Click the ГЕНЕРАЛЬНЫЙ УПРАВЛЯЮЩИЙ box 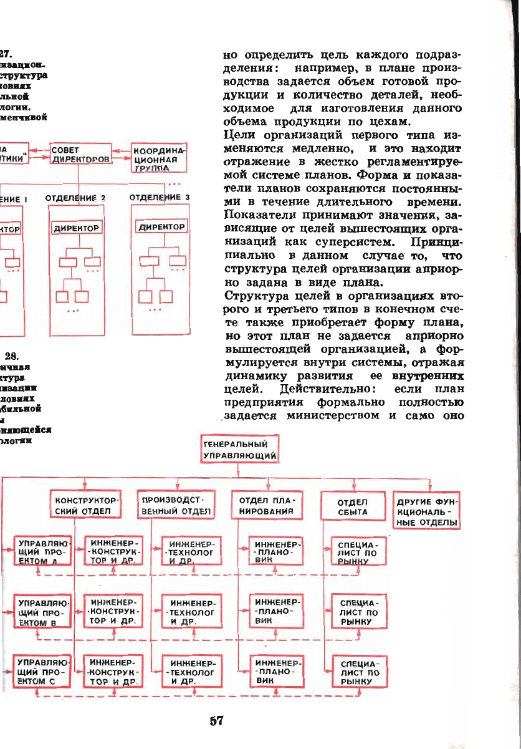[x=239, y=450]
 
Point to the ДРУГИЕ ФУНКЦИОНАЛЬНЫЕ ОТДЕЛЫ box [x=428, y=511]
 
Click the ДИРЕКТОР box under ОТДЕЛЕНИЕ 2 [x=76, y=228]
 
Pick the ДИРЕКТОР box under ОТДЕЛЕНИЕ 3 [x=161, y=227]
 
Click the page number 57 [x=216, y=721]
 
